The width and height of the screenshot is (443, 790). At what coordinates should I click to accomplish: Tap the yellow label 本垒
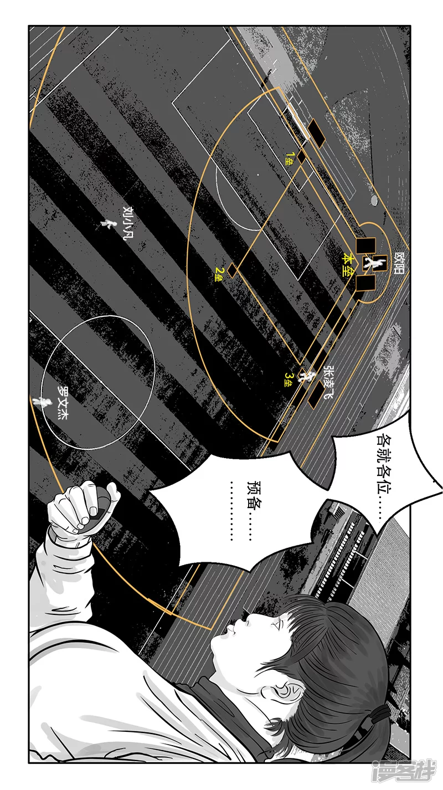pos(349,264)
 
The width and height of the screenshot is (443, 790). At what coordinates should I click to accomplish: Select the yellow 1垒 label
pos(289,159)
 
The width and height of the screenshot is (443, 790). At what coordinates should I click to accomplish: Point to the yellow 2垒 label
pos(219,274)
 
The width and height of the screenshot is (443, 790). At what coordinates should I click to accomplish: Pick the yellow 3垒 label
pos(288,379)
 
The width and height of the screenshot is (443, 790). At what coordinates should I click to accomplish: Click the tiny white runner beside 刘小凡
pos(107,223)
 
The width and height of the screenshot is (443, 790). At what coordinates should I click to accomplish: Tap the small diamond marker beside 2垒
pos(232,270)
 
